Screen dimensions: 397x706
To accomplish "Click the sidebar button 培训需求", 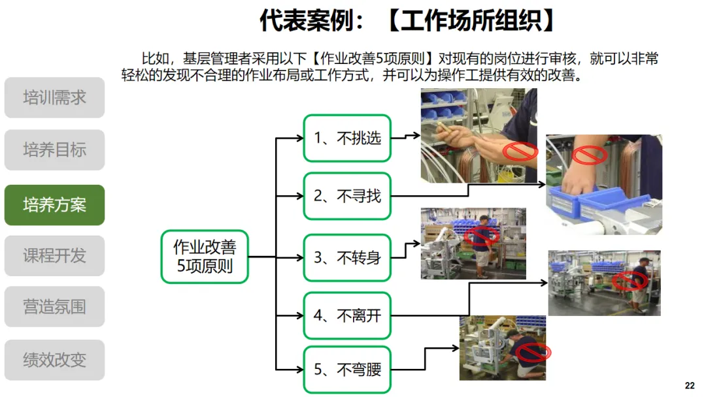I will click(54, 98).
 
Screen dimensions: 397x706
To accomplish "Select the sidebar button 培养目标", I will click(54, 150).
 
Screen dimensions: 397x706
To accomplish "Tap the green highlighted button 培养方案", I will click(54, 205).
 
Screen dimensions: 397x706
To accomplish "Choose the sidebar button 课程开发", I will click(54, 255).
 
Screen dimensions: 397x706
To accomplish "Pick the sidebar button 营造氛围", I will click(54, 307).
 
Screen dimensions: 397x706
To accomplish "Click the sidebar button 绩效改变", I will click(54, 360).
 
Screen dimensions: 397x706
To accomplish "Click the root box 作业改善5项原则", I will click(205, 257).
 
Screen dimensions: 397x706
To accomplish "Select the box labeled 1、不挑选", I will click(347, 138).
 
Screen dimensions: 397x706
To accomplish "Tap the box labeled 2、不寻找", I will click(347, 196).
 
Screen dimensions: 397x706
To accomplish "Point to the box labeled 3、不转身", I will click(347, 258).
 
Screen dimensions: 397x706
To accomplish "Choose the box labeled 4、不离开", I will click(347, 316).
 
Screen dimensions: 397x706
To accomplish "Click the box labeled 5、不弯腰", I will click(347, 370).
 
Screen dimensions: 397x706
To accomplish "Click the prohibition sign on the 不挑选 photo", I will click(520, 151).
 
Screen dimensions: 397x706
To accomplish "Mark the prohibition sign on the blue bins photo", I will click(589, 155).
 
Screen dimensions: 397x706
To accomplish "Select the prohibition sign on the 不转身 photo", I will click(482, 235).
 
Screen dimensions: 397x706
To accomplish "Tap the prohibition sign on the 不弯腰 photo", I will click(533, 353).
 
